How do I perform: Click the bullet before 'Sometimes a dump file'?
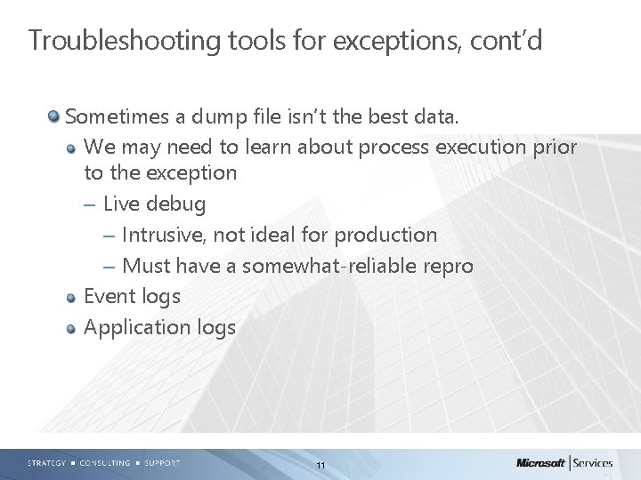click(x=55, y=116)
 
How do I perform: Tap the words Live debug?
click(x=154, y=204)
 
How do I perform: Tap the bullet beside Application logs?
click(x=72, y=328)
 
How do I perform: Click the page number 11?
click(x=320, y=465)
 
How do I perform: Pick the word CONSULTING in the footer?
click(x=106, y=462)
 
